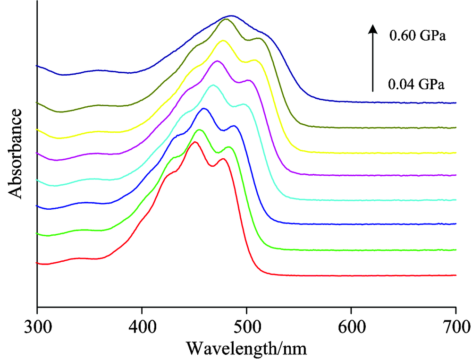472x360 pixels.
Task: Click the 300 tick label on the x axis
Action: (37, 325)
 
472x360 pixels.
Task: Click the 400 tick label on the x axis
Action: (142, 325)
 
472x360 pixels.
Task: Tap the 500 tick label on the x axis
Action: (246, 325)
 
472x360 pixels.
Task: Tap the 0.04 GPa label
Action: (416, 85)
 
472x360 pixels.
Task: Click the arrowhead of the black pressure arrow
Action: (373, 29)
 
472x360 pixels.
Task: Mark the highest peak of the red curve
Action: (194, 142)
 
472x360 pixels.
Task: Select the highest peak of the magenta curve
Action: (217, 61)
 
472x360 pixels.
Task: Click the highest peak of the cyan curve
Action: (213, 85)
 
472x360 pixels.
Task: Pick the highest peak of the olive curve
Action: (226, 19)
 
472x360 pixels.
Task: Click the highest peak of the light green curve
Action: (199, 129)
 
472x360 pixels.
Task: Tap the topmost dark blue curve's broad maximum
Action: (231, 16)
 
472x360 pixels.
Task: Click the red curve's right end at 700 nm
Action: (455, 275)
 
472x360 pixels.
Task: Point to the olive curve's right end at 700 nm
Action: (455, 128)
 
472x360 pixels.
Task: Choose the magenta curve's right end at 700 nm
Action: (455, 175)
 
